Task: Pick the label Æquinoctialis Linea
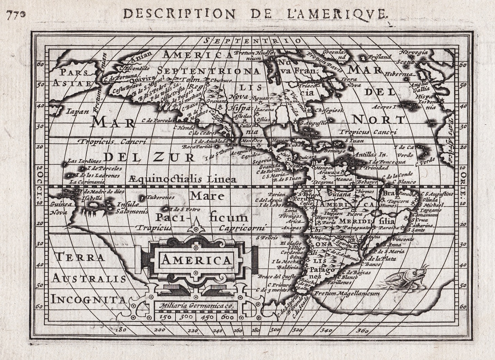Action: (183, 179)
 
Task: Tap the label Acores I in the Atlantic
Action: (385, 107)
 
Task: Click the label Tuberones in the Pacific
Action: (160, 197)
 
